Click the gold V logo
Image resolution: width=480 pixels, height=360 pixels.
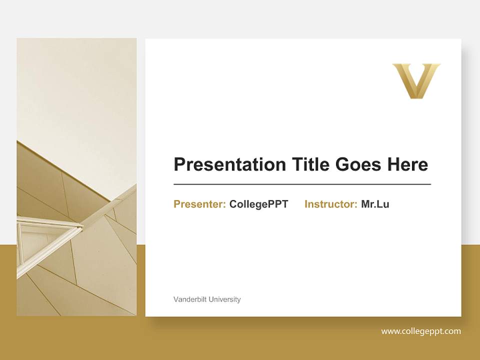click(416, 80)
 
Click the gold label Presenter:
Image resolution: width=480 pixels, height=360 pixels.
click(199, 204)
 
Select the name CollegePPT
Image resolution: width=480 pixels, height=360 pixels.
click(258, 204)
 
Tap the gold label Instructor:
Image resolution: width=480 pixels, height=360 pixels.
click(330, 204)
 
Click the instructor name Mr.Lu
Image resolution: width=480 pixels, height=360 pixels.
click(375, 204)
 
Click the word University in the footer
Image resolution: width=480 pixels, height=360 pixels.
click(224, 299)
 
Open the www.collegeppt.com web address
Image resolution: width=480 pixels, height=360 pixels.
click(421, 331)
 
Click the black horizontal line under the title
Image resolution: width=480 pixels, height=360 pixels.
click(302, 184)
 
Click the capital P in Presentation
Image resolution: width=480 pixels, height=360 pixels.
click(179, 164)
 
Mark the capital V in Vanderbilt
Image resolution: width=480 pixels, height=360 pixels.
click(175, 299)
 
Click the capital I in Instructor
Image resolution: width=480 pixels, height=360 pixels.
click(306, 204)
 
